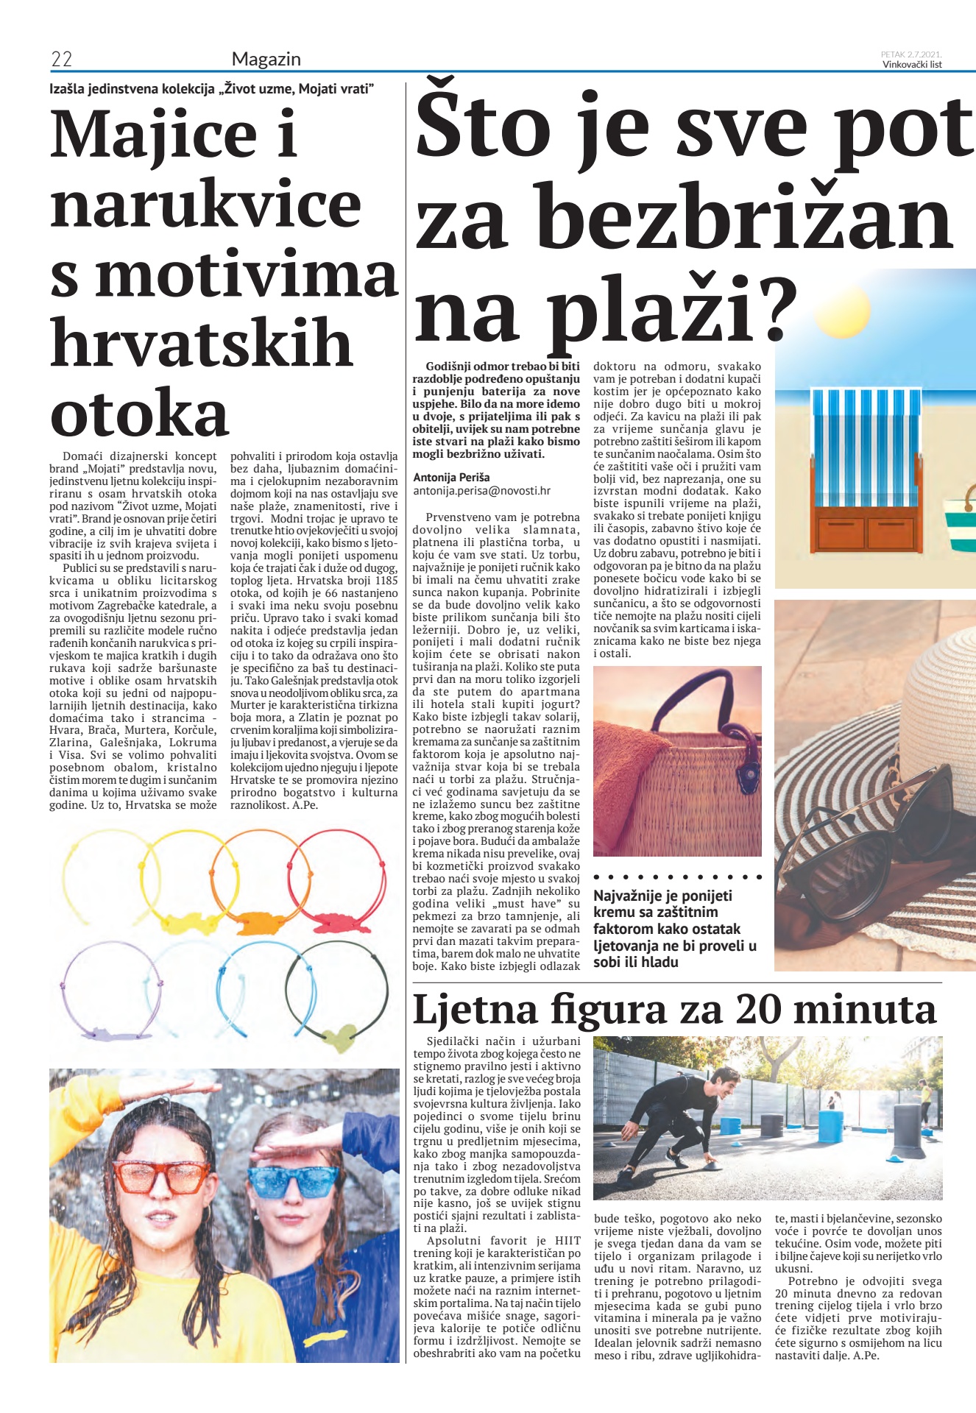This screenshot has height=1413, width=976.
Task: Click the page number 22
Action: (61, 60)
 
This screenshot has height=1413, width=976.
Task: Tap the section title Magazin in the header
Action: (266, 60)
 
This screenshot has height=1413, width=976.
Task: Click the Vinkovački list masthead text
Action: (912, 64)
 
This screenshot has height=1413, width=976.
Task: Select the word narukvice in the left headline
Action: (205, 205)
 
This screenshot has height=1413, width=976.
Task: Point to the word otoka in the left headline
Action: (139, 414)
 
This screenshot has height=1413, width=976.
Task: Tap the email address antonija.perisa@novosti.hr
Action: (481, 490)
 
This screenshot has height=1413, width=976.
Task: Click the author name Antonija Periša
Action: (451, 477)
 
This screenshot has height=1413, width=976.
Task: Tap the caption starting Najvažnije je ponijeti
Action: (674, 928)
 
